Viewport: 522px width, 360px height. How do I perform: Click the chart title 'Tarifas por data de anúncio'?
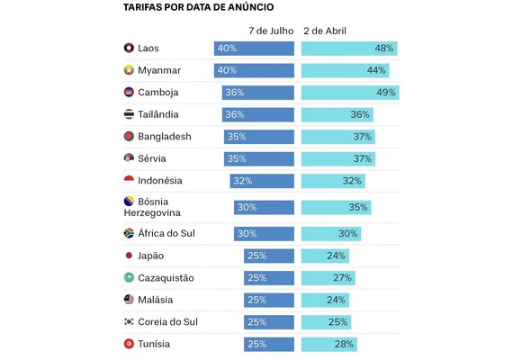tap(198, 7)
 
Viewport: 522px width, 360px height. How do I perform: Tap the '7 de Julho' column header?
tap(271, 31)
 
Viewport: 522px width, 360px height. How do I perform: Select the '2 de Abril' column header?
tap(325, 31)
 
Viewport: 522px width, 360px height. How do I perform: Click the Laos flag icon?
tap(129, 48)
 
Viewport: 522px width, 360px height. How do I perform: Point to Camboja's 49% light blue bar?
tap(350, 93)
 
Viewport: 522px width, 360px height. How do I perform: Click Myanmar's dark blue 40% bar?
tap(254, 70)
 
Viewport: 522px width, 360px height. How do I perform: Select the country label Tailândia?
tap(158, 114)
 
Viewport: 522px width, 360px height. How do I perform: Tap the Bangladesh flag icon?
tap(129, 136)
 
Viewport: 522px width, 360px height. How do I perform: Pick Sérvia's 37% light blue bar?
tap(338, 159)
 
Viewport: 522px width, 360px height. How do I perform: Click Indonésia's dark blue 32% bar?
tap(262, 181)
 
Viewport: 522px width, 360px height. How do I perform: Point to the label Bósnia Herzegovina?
tap(152, 207)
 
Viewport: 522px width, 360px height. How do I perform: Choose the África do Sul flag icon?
tap(129, 233)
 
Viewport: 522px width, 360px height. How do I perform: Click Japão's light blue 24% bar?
tap(325, 256)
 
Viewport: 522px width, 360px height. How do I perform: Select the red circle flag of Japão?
tap(129, 256)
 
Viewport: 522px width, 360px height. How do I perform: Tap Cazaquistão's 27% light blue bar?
tap(328, 278)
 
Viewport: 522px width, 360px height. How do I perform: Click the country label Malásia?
tap(155, 300)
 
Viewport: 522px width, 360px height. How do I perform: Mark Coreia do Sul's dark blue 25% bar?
tap(269, 322)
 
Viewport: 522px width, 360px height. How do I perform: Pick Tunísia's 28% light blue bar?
tap(329, 345)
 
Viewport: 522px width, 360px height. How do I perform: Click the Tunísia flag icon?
tap(129, 344)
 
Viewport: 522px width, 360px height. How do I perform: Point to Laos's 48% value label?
tap(384, 49)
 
